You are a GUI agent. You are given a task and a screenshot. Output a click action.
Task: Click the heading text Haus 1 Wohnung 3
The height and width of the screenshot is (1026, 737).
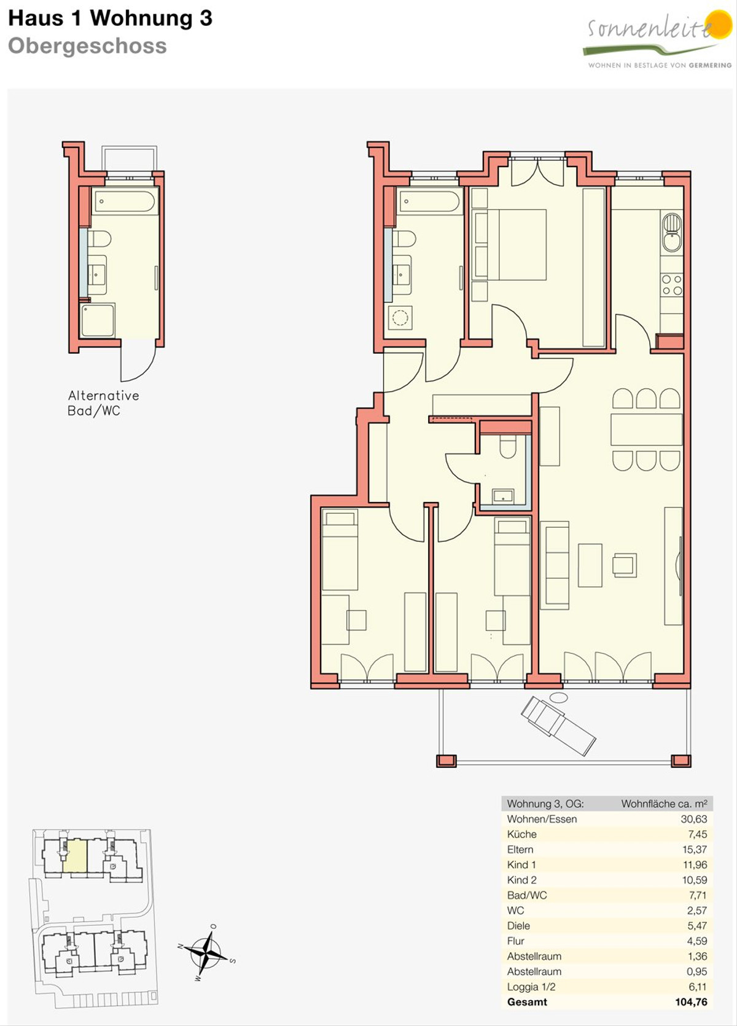click(x=111, y=18)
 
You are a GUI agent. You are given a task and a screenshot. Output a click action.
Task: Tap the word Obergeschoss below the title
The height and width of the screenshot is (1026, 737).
click(x=87, y=46)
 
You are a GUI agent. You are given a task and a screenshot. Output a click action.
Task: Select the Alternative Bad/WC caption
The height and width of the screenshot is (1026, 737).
click(x=103, y=403)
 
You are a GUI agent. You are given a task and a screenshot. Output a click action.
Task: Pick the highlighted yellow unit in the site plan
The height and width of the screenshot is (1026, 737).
click(x=75, y=855)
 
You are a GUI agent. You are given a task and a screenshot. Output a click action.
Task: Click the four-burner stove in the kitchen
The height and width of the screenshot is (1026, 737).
click(x=672, y=284)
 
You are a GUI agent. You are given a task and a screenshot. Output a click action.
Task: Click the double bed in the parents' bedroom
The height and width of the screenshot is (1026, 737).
click(x=510, y=245)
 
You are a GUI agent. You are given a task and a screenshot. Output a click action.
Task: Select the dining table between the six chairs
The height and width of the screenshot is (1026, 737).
click(x=646, y=429)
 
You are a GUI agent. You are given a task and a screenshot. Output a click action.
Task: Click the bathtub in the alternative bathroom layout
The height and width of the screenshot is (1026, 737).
click(x=124, y=201)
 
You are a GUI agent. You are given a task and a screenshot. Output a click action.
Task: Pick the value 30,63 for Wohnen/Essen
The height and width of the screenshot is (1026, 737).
click(x=693, y=819)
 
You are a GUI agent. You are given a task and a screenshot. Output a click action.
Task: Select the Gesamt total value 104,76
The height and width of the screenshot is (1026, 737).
click(x=691, y=1001)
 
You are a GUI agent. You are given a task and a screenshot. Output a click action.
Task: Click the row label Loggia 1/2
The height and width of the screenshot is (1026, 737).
click(x=531, y=987)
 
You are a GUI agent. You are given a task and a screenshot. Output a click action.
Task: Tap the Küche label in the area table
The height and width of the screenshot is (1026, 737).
click(x=522, y=834)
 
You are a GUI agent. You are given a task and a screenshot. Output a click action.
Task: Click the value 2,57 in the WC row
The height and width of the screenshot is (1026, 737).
click(x=696, y=910)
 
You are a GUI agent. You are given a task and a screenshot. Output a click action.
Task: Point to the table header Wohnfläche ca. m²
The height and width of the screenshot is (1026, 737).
click(x=664, y=804)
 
